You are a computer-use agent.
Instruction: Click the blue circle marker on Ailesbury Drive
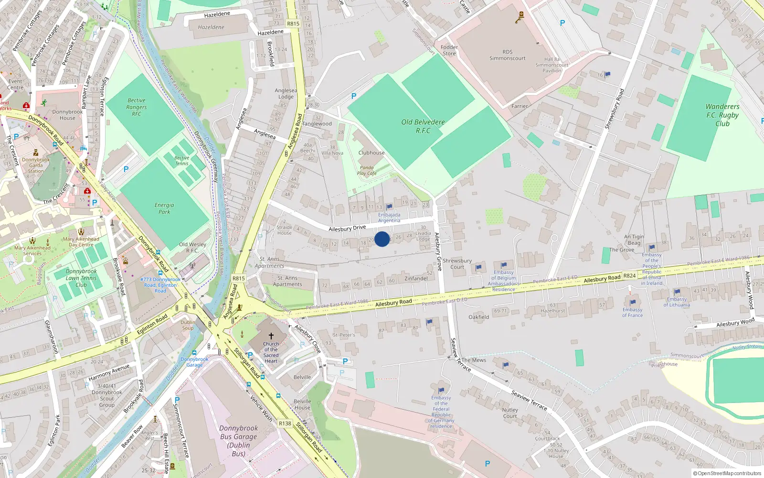click(382, 239)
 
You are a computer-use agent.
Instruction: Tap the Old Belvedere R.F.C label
click(423, 126)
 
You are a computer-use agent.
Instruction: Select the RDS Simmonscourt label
click(507, 55)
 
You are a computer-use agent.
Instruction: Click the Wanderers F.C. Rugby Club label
click(722, 115)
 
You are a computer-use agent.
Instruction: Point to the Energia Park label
click(164, 208)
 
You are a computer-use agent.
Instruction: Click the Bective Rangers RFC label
click(137, 107)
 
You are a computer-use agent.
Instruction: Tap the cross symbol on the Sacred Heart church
click(271, 336)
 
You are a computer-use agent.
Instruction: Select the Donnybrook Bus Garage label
click(239, 441)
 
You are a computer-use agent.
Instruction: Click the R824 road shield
click(630, 275)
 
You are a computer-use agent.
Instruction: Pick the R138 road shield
click(285, 423)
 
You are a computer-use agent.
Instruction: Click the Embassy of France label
click(633, 312)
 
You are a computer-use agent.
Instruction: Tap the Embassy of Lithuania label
click(677, 302)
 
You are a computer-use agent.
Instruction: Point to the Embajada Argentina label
click(389, 217)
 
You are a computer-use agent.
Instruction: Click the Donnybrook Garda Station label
click(36, 165)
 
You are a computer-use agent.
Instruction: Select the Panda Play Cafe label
click(367, 171)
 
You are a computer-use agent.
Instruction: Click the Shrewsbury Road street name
click(615, 109)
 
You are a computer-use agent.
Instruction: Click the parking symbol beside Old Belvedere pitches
click(354, 96)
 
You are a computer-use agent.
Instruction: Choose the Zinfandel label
click(416, 279)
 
